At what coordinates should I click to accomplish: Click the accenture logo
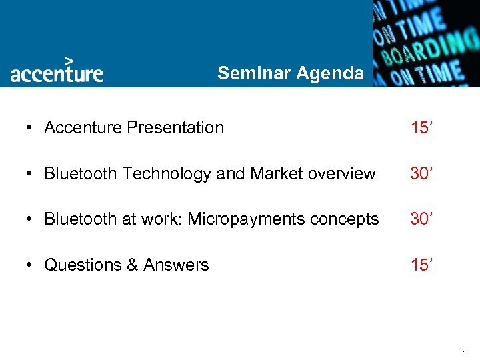tap(57, 73)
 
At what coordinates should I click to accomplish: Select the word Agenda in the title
tap(330, 73)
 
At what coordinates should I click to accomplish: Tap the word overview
tap(342, 173)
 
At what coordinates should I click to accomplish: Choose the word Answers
tap(176, 265)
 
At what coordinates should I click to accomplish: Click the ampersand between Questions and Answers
tap(131, 265)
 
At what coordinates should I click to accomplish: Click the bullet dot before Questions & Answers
tap(31, 266)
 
